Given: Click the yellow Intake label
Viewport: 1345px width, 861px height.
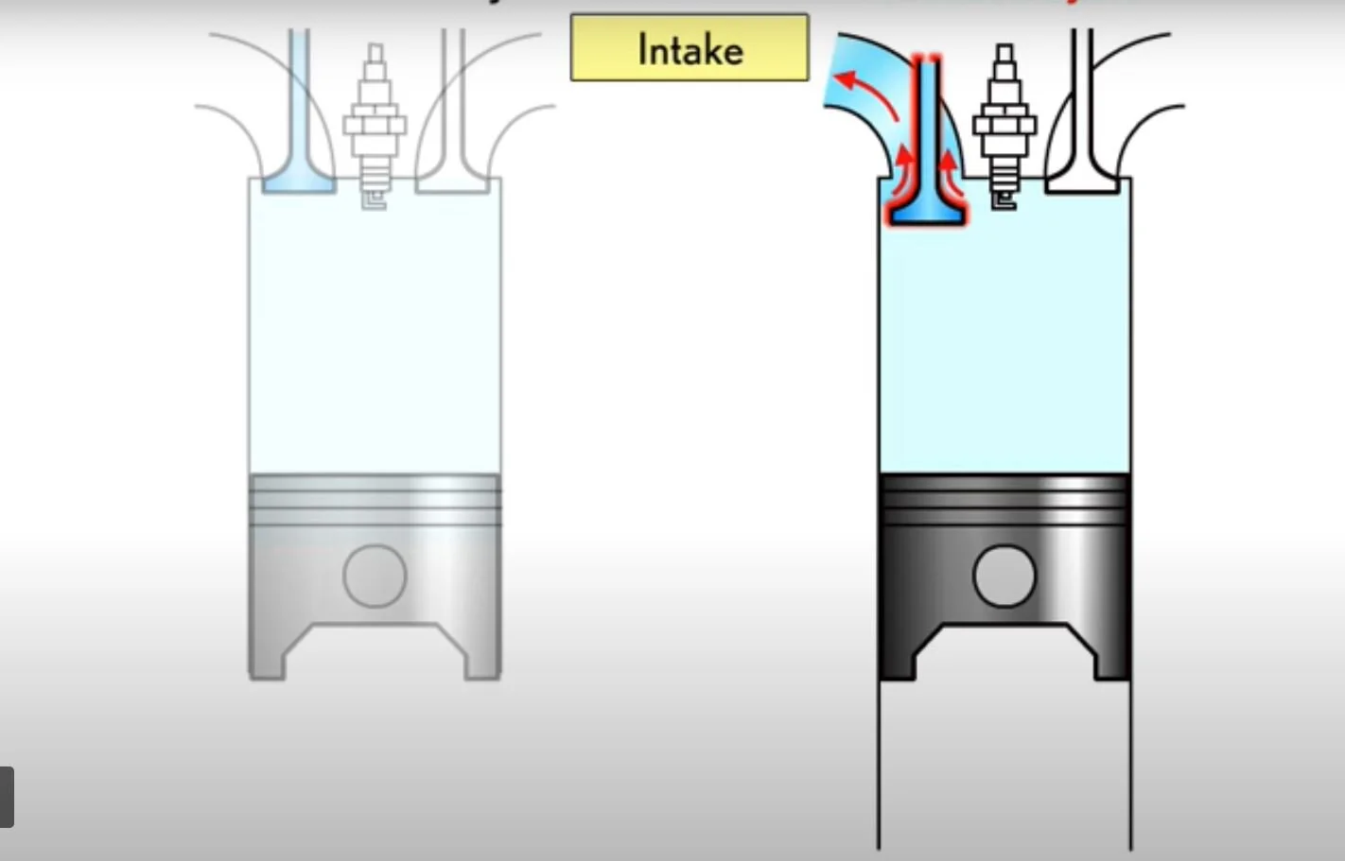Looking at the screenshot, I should tap(690, 47).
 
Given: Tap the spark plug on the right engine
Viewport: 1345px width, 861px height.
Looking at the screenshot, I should tap(1004, 123).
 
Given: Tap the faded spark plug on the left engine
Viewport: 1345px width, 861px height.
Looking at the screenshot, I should tap(375, 123).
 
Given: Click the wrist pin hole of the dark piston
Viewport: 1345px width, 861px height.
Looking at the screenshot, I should tap(1004, 576).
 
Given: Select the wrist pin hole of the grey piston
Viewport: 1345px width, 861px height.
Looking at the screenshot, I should tap(375, 576).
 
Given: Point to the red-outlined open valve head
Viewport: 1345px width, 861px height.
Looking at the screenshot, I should tap(927, 212).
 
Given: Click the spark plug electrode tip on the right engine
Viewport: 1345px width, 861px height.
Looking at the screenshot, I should tap(1004, 201).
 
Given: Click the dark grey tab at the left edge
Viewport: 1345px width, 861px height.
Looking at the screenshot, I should tap(6, 797).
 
